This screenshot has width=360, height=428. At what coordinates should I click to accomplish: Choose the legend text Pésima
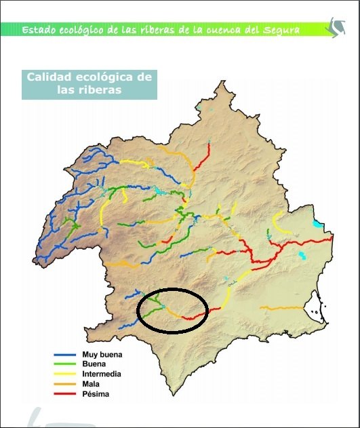96,394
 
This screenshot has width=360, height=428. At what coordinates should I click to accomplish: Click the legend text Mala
91,384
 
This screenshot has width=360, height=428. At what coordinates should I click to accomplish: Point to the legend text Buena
93,364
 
